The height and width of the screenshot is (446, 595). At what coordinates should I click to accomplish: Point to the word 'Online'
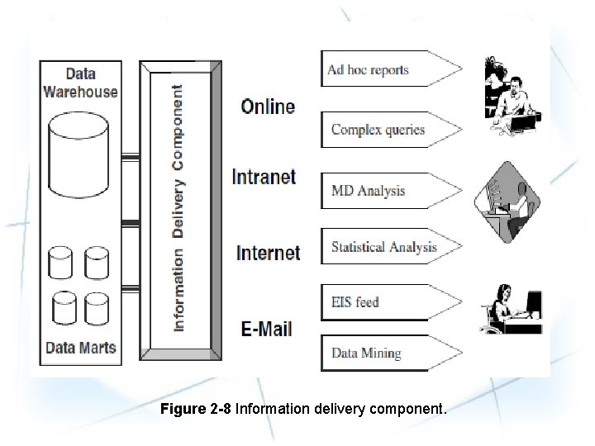(268, 107)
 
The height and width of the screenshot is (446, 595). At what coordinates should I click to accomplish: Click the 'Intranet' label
(264, 177)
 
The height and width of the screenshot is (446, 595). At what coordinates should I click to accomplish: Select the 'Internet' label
(268, 253)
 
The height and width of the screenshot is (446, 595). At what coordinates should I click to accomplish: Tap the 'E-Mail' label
(266, 329)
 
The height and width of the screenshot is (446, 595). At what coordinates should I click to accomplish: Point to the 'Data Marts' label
(80, 347)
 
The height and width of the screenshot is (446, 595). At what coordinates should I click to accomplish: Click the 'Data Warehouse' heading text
(80, 83)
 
